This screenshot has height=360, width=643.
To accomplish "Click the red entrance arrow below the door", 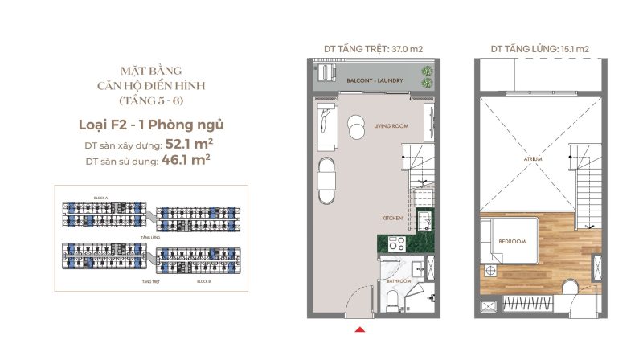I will click(362, 328).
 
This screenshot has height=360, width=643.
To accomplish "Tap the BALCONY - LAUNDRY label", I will click(375, 82).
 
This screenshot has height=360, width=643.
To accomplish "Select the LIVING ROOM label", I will click(391, 126).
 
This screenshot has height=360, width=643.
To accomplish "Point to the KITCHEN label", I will click(392, 219).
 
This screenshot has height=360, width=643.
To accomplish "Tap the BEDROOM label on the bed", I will click(512, 241).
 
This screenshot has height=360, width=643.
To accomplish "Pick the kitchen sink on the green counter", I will click(424, 219).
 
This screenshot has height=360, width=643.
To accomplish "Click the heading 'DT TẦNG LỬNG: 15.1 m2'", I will click(539, 48).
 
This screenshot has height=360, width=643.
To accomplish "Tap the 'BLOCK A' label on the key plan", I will click(100, 197).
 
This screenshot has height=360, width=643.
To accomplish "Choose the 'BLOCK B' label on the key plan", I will click(205, 283).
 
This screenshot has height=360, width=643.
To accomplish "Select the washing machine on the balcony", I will click(328, 74).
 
